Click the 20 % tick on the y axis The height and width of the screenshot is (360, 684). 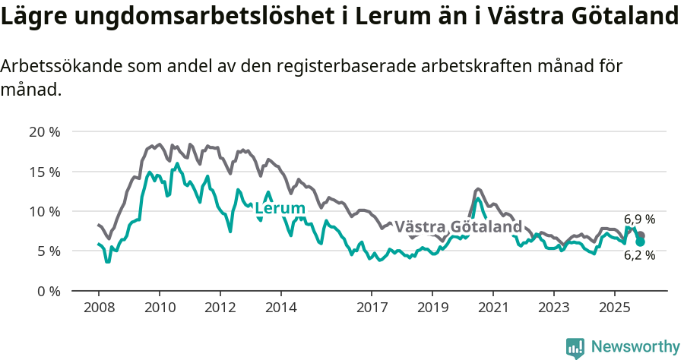pyautogui.click(x=44, y=132)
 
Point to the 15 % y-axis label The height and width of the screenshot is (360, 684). pyautogui.click(x=44, y=172)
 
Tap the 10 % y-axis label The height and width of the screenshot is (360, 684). pyautogui.click(x=44, y=211)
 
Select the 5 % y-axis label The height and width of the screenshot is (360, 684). pyautogui.click(x=48, y=251)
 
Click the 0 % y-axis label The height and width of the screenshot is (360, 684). pyautogui.click(x=48, y=291)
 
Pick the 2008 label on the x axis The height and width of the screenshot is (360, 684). pyautogui.click(x=99, y=308)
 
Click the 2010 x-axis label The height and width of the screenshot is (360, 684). pyautogui.click(x=160, y=308)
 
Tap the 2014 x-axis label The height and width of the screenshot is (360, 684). pyautogui.click(x=280, y=308)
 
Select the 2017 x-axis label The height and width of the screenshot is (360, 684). pyautogui.click(x=372, y=308)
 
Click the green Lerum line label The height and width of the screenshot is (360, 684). pyautogui.click(x=280, y=209)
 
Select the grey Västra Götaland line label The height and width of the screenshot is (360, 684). pyautogui.click(x=458, y=227)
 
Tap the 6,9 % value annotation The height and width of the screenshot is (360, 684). pyautogui.click(x=639, y=219)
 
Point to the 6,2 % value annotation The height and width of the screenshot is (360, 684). pyautogui.click(x=639, y=256)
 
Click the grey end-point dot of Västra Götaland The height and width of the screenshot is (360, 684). pyautogui.click(x=641, y=235)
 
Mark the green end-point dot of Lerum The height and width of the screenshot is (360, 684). pyautogui.click(x=640, y=242)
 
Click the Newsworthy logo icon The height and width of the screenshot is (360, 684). pyautogui.click(x=575, y=348)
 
